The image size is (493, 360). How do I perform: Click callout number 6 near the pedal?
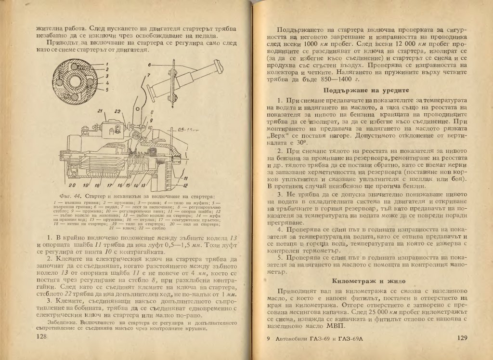[x=150, y=64]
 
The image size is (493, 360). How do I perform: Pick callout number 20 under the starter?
[x=71, y=185]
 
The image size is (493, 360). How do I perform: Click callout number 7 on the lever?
[x=149, y=75]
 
